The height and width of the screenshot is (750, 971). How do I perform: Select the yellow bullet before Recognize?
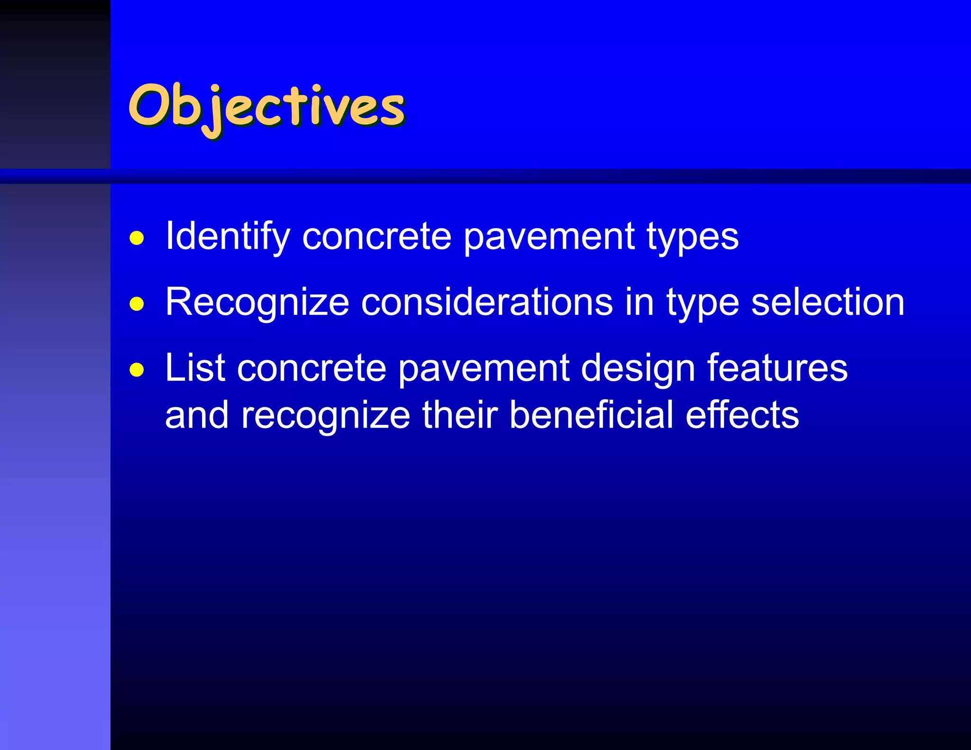137,303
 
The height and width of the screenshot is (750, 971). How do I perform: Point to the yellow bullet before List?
137,369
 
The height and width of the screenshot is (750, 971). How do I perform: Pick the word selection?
828,302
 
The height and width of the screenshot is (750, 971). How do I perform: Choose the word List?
195,368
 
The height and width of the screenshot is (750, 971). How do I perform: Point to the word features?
777,368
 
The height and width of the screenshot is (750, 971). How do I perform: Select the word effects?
742,415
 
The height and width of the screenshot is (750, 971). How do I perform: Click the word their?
459,415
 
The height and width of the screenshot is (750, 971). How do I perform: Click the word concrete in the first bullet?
376,237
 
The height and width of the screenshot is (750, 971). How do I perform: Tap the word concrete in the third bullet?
311,368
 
